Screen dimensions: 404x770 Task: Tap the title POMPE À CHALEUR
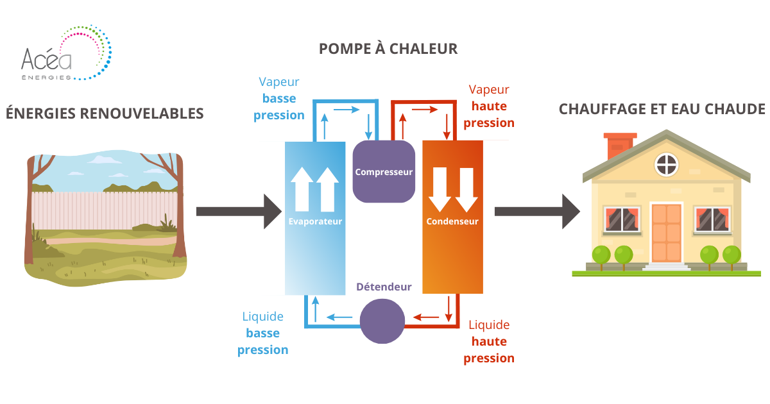click(x=388, y=49)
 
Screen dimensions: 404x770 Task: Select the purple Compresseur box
click(x=384, y=171)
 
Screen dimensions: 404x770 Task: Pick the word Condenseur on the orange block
click(x=452, y=221)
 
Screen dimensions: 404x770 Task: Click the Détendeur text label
click(x=384, y=287)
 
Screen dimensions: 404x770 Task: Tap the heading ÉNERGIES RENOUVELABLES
click(x=105, y=114)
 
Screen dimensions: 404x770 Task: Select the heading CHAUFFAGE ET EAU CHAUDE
click(x=662, y=109)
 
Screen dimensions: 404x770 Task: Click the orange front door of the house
click(x=667, y=232)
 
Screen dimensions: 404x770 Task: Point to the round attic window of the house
click(x=666, y=165)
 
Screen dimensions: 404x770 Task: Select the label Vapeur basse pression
click(x=279, y=99)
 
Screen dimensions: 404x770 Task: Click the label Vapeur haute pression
click(x=489, y=106)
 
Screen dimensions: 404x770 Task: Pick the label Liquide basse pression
click(x=263, y=333)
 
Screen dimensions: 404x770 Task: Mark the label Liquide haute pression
click(x=489, y=341)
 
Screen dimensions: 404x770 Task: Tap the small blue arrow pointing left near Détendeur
click(x=340, y=316)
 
